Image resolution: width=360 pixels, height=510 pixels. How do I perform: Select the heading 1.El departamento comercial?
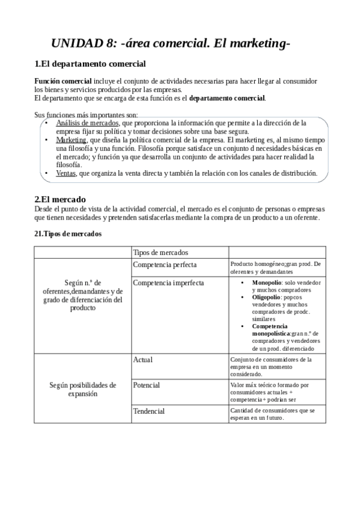tap(90, 64)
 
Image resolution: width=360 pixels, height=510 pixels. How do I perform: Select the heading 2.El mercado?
tap(60, 199)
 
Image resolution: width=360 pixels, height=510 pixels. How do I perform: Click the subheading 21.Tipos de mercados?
tap(68, 233)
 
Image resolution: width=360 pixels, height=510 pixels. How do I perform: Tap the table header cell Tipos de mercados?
tap(160, 252)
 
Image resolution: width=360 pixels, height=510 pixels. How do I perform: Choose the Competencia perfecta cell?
tap(164, 265)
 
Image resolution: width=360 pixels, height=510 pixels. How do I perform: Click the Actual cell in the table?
tap(142, 360)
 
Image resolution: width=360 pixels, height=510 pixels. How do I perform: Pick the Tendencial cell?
tap(148, 411)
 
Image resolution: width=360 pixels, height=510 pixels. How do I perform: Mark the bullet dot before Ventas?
tap(47, 173)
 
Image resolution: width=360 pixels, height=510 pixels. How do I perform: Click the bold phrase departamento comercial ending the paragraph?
tap(227, 98)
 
